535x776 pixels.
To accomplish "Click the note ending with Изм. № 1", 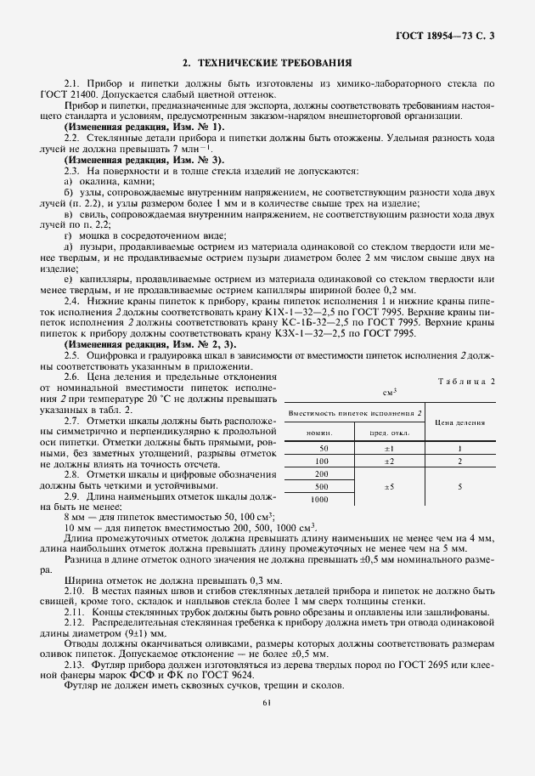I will tap(144, 127).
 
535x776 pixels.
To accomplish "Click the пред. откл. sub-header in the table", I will tap(388, 432).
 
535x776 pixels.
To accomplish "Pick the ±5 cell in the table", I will tap(388, 487).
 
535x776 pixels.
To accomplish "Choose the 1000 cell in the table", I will tap(321, 500).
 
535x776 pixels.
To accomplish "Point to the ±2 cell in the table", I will tap(388, 460).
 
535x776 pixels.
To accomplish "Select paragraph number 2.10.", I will tap(73, 589).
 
